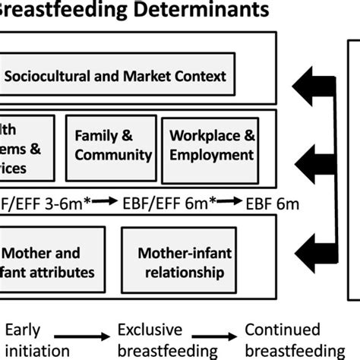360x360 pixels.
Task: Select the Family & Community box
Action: tap(112, 146)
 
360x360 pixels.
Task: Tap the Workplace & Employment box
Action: tap(210, 146)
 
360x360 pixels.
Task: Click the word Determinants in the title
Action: tap(205, 11)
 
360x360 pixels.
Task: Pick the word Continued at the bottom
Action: tap(280, 330)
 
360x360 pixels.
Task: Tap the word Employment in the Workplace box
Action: tap(211, 155)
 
